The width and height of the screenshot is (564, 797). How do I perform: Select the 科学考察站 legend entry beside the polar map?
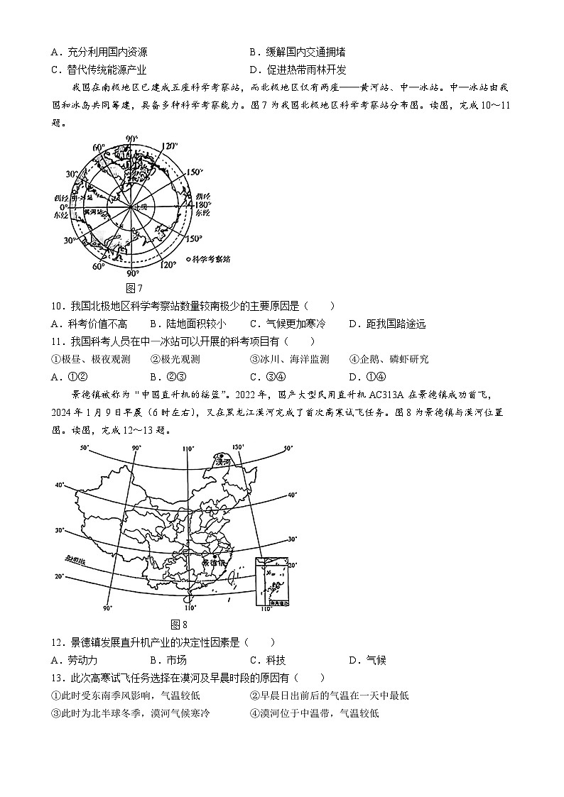212,260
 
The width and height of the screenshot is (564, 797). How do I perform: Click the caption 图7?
134,288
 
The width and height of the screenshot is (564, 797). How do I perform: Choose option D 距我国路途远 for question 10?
387,324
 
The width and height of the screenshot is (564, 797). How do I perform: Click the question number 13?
58,678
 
